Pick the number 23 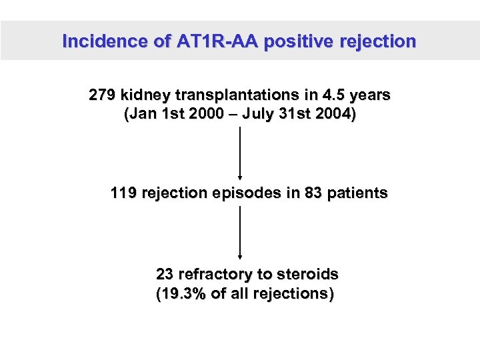tap(165, 274)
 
